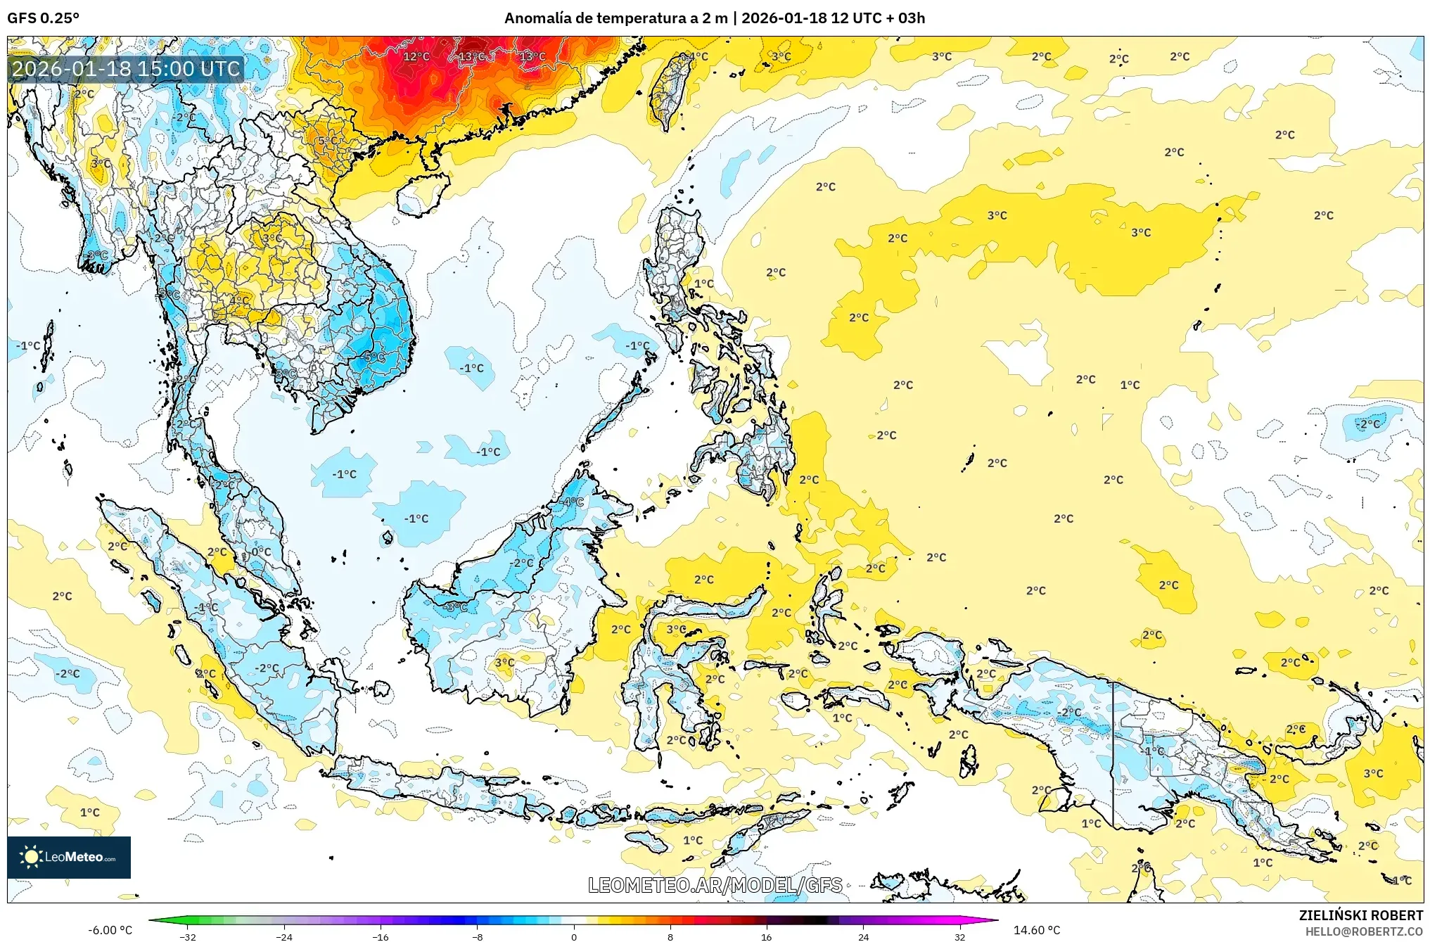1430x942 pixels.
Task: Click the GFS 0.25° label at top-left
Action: [x=43, y=18]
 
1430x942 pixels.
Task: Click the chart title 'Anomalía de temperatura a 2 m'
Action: [x=615, y=18]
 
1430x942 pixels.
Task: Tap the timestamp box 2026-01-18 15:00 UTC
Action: [x=126, y=69]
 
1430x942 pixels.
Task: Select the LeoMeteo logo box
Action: [x=69, y=857]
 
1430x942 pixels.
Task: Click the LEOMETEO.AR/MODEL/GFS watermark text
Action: [x=715, y=885]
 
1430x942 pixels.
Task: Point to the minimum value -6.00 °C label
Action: [x=110, y=930]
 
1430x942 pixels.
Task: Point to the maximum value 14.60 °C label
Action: [x=1036, y=930]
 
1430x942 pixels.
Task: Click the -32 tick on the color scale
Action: [x=188, y=937]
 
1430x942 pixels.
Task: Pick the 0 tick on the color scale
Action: [x=574, y=937]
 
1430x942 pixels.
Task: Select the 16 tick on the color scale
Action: [x=767, y=937]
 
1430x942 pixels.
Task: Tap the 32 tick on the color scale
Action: [x=959, y=937]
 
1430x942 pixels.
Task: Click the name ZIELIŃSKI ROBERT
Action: [x=1360, y=915]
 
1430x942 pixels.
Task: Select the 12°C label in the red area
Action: [x=416, y=56]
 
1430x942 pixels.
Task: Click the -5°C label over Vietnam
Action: [x=374, y=357]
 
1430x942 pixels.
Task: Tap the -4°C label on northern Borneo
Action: [x=573, y=502]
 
